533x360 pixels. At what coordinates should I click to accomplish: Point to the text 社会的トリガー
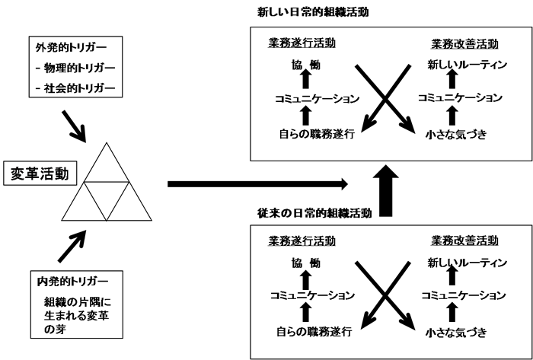[80, 90]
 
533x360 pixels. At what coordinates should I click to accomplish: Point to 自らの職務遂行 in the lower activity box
[317, 333]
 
